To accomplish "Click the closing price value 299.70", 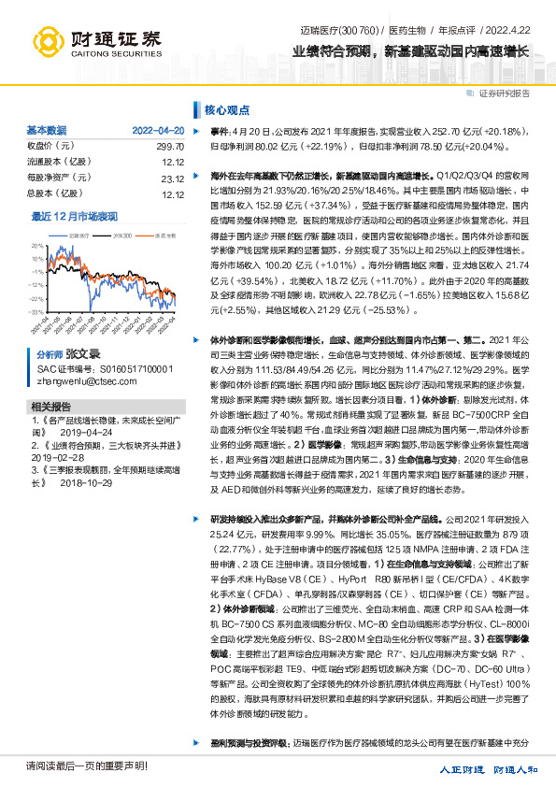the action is click(169, 147).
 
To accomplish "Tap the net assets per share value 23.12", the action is click(172, 179).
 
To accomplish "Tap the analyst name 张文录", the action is click(81, 356).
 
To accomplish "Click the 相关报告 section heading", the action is click(50, 408).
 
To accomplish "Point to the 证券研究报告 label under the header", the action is click(504, 93).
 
